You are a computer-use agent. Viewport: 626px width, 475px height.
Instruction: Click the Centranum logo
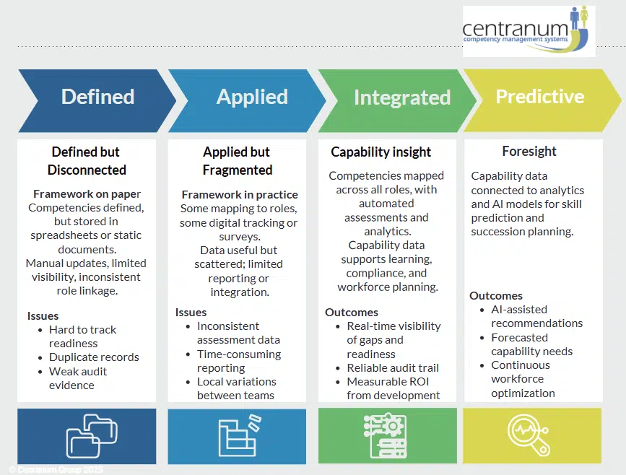529,31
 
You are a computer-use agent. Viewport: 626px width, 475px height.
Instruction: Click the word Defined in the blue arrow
97,97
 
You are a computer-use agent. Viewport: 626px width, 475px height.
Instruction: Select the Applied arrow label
252,97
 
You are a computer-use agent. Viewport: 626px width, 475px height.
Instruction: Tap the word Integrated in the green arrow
401,97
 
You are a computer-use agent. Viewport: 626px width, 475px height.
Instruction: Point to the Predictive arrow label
539,97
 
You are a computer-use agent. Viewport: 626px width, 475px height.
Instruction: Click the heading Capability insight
381,152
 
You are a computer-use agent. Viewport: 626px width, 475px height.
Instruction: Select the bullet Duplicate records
94,357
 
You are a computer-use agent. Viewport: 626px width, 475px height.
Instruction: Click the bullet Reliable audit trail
393,368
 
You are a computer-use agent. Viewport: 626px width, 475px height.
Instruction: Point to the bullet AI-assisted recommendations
536,316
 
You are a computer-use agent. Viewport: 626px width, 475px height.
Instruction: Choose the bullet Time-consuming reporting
238,361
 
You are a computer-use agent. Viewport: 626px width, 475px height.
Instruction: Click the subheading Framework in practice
240,195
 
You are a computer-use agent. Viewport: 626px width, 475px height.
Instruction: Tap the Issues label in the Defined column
43,315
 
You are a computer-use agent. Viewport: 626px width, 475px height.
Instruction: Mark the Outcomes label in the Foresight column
496,296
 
